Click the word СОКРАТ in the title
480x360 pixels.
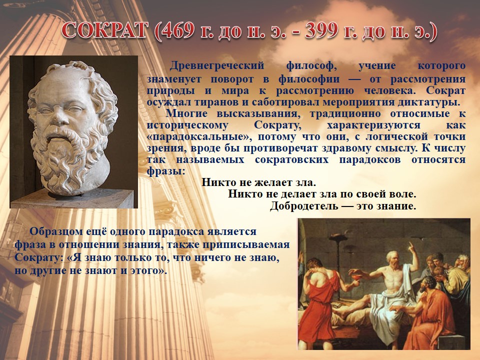tap(104, 30)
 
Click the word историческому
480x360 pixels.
tap(187, 125)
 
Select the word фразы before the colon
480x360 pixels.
tap(164, 171)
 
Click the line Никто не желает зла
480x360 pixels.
tap(258, 182)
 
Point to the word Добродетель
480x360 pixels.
tap(304, 206)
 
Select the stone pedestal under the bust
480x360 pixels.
tap(72, 199)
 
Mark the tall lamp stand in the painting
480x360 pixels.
tap(338, 266)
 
